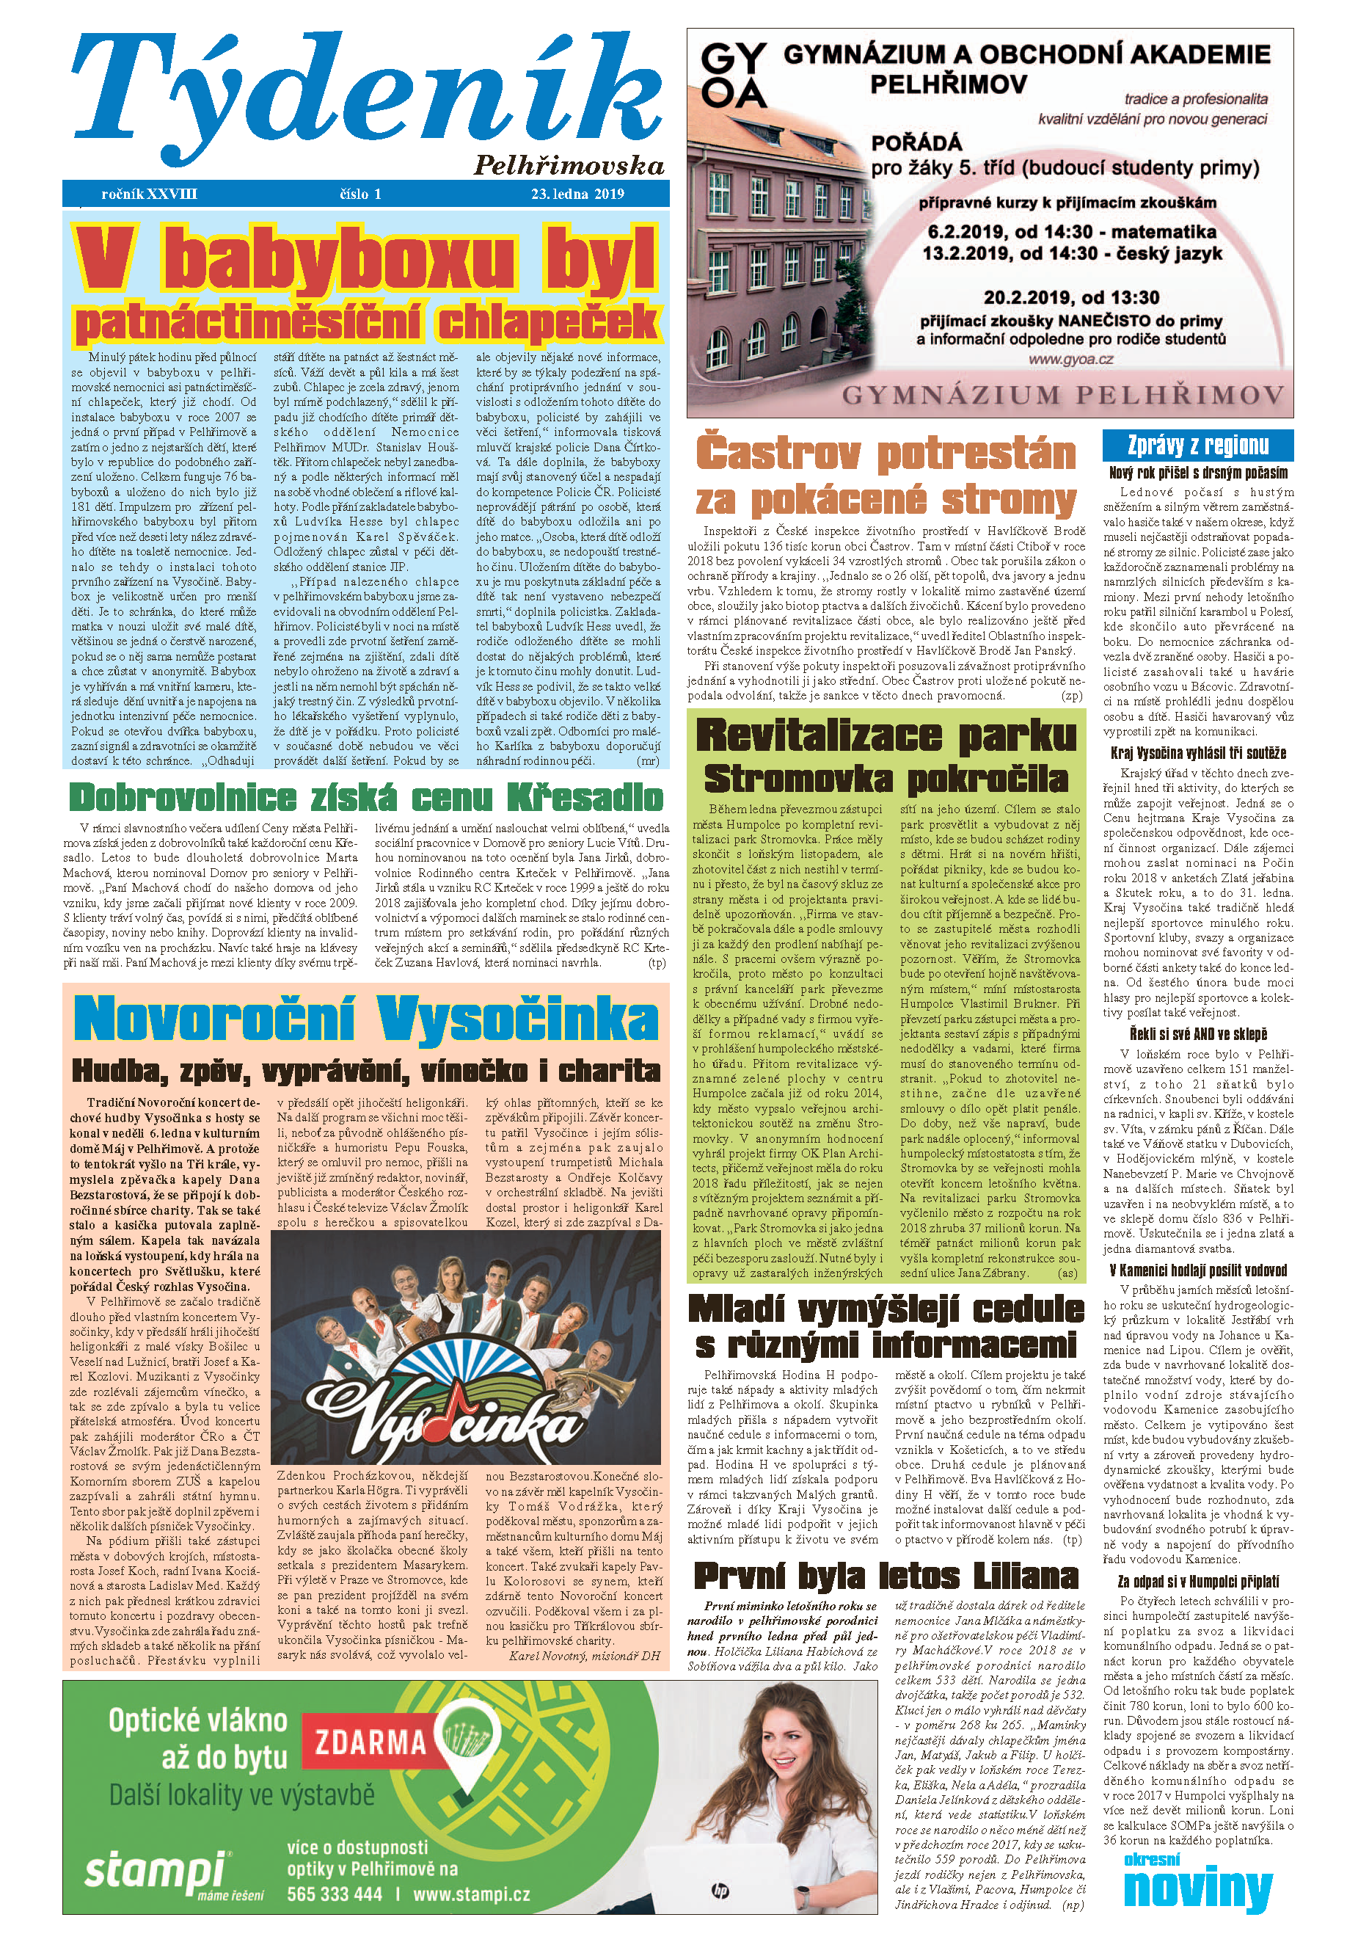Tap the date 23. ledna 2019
tap(577, 194)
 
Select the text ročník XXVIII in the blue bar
tap(149, 194)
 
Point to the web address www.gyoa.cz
tap(1070, 359)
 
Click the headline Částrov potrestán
tap(885, 454)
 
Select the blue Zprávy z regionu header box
tap(1197, 445)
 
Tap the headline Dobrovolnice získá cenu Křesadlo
tap(365, 798)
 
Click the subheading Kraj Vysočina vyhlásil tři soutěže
tap(1197, 753)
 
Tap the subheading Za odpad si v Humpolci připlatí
tap(1197, 1581)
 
